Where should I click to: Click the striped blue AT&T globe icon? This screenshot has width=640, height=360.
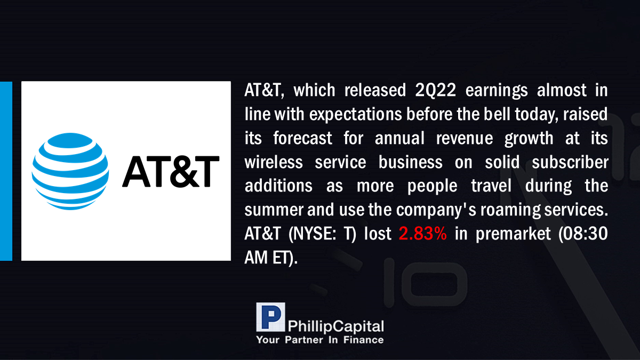70,171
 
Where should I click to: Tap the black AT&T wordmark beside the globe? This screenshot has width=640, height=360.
171,171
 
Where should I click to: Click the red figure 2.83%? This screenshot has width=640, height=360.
422,234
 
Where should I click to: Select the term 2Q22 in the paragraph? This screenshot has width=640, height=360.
435,90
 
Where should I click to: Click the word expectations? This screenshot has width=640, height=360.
356,115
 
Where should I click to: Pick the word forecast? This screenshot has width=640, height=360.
302,138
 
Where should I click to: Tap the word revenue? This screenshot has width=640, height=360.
465,139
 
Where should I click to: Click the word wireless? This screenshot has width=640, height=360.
274,162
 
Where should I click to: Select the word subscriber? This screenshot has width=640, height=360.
570,162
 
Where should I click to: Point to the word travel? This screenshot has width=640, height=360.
491,186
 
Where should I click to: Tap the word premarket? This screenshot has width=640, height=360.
513,234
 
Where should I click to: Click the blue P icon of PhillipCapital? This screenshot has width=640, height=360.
270,317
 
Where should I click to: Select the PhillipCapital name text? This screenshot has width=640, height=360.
335,326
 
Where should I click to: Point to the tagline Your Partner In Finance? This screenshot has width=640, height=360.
319,340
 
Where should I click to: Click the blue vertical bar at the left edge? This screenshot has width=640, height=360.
6,171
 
